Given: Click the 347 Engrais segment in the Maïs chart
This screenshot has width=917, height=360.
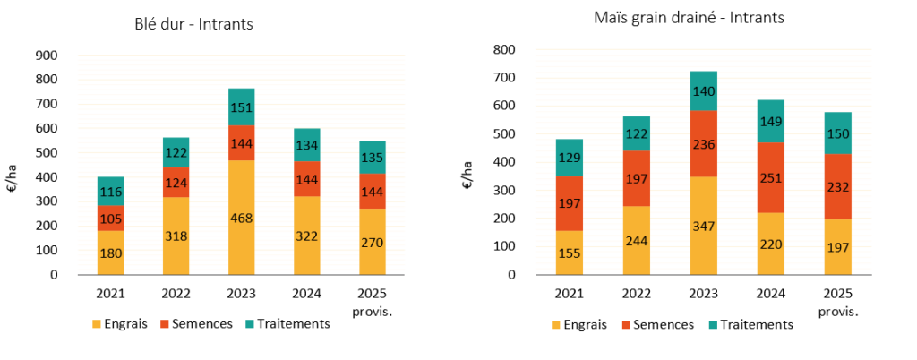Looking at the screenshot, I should [x=704, y=226].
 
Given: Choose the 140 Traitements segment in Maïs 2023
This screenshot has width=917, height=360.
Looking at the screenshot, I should [x=704, y=90].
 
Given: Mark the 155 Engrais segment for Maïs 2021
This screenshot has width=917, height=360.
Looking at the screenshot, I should [x=570, y=253].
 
